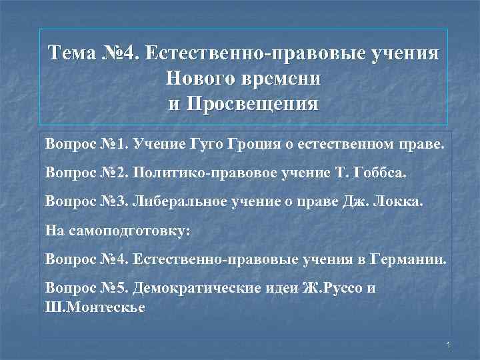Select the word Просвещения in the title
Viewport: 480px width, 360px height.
[254, 105]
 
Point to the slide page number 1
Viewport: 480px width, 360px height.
[449, 345]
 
